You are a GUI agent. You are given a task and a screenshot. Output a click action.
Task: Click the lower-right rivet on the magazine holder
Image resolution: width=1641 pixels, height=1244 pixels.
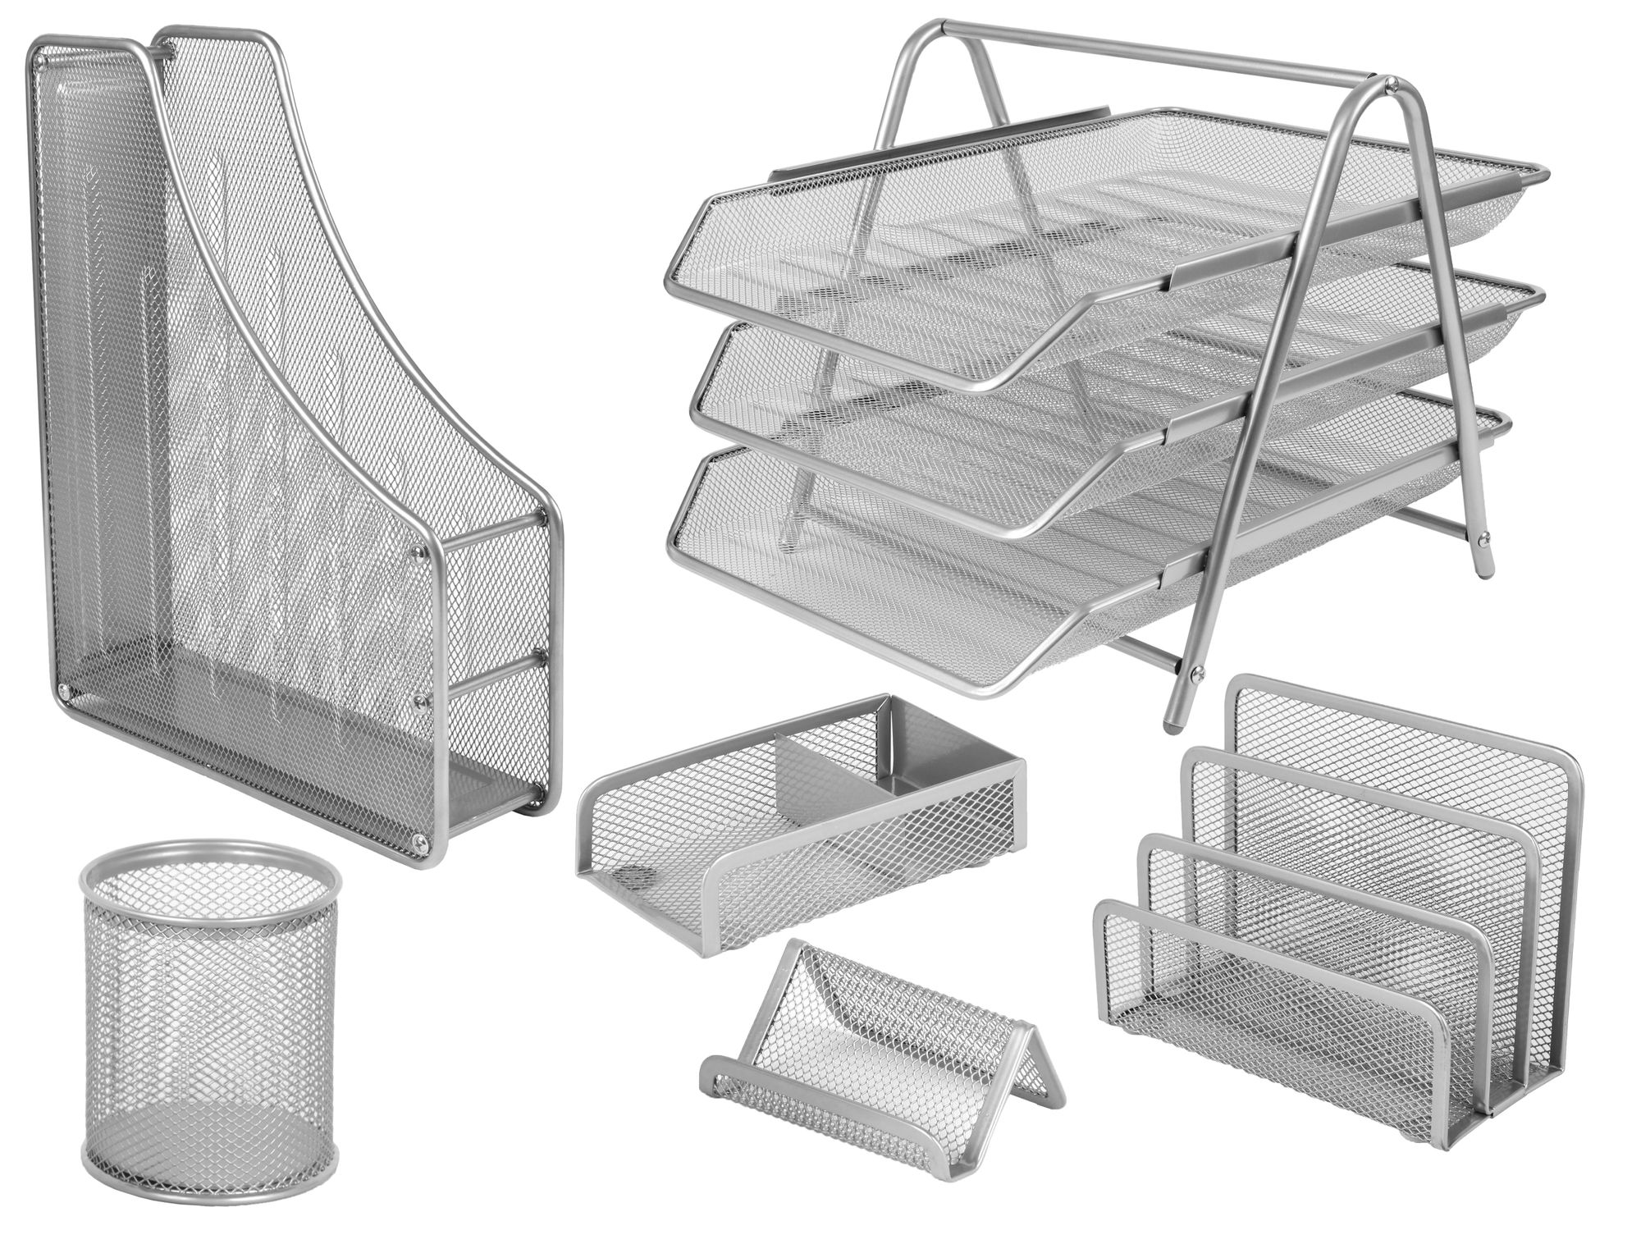tap(421, 839)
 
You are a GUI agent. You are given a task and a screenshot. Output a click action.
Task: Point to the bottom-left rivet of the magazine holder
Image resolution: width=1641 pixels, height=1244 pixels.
tap(62, 694)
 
